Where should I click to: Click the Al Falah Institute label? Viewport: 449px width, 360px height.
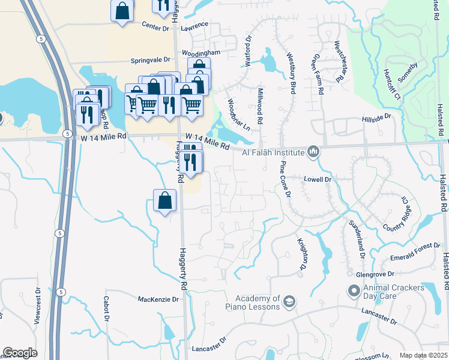tap(273, 152)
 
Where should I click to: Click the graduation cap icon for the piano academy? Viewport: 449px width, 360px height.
tap(289, 301)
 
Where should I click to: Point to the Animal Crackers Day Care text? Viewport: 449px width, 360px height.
tap(393, 292)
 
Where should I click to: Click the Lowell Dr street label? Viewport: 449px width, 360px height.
tap(318, 179)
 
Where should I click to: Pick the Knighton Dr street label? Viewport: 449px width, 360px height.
tap(303, 253)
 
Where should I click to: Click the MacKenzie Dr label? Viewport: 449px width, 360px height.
tap(158, 299)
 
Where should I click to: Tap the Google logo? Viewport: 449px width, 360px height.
tap(20, 353)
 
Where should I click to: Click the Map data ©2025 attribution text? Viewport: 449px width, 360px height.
tap(423, 355)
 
